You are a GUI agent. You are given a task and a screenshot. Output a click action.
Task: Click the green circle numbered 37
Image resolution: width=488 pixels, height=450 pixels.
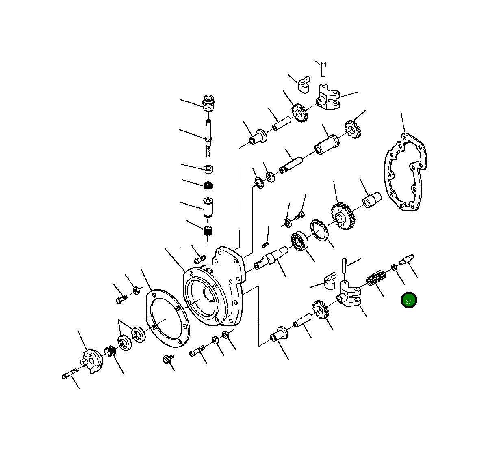pyautogui.click(x=409, y=300)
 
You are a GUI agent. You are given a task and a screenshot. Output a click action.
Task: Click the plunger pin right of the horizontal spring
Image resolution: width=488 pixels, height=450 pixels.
pyautogui.click(x=406, y=259)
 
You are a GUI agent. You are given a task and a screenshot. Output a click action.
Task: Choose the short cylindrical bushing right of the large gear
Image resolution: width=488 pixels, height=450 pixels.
pyautogui.click(x=371, y=200)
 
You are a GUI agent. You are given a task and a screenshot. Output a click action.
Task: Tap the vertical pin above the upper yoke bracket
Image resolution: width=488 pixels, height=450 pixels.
pyautogui.click(x=323, y=68)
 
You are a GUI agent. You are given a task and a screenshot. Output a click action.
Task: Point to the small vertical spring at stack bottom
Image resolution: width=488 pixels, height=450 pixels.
pyautogui.click(x=208, y=232)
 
